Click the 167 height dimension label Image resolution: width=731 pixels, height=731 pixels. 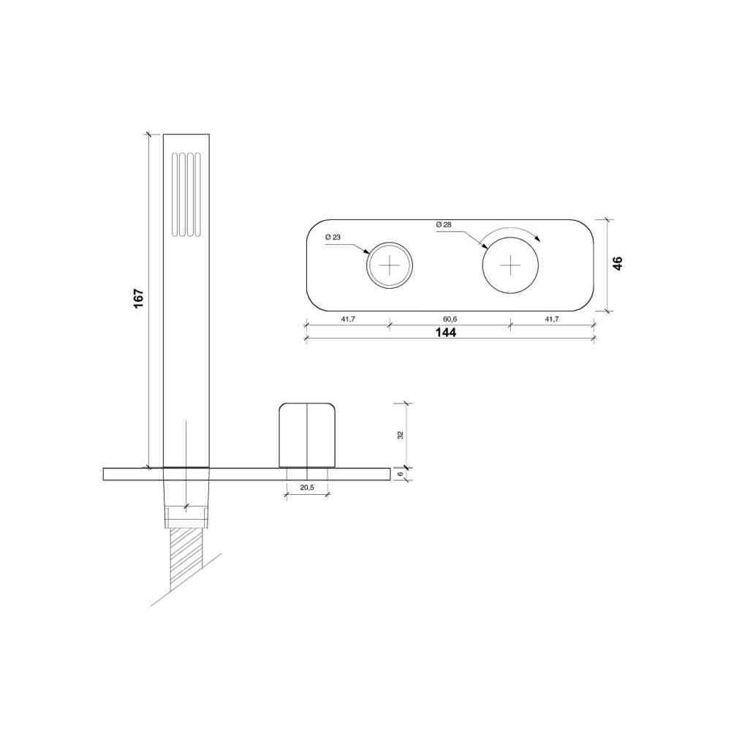(138, 298)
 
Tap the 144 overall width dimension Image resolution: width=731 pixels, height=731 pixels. (446, 333)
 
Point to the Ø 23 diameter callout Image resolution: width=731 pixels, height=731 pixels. (333, 238)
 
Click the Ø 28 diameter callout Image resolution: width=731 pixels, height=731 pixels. (444, 224)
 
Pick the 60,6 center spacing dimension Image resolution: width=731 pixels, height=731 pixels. (450, 319)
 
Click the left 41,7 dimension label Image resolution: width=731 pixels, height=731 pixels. (348, 319)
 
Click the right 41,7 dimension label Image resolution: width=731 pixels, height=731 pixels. (552, 319)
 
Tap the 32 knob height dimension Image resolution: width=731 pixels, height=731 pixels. (400, 436)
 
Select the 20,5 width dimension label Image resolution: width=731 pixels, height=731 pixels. (307, 488)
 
